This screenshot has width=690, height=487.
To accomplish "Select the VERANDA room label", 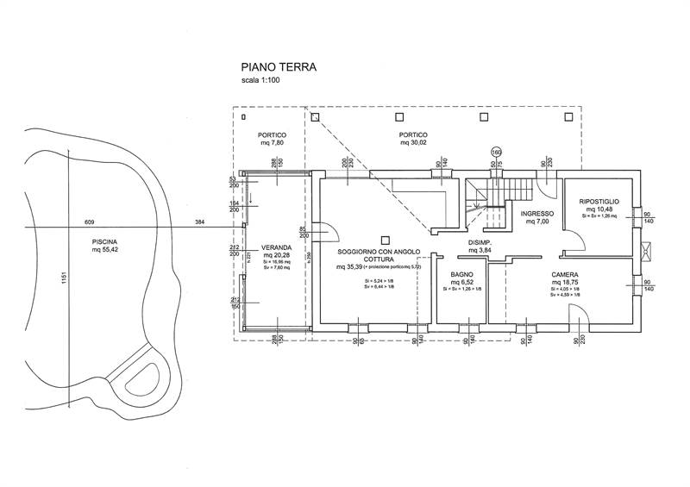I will [x=278, y=247].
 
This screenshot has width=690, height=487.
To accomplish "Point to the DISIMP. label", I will [x=480, y=243].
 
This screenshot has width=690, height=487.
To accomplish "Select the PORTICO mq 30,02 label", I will [x=414, y=136].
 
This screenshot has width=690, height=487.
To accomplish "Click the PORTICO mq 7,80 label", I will [x=273, y=136].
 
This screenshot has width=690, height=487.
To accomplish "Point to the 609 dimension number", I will [x=89, y=223].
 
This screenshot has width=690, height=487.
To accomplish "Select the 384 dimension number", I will [x=200, y=223].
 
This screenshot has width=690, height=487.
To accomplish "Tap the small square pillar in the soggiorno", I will [x=386, y=239].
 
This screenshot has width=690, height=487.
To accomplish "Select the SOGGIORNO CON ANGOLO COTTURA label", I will [x=379, y=254].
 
